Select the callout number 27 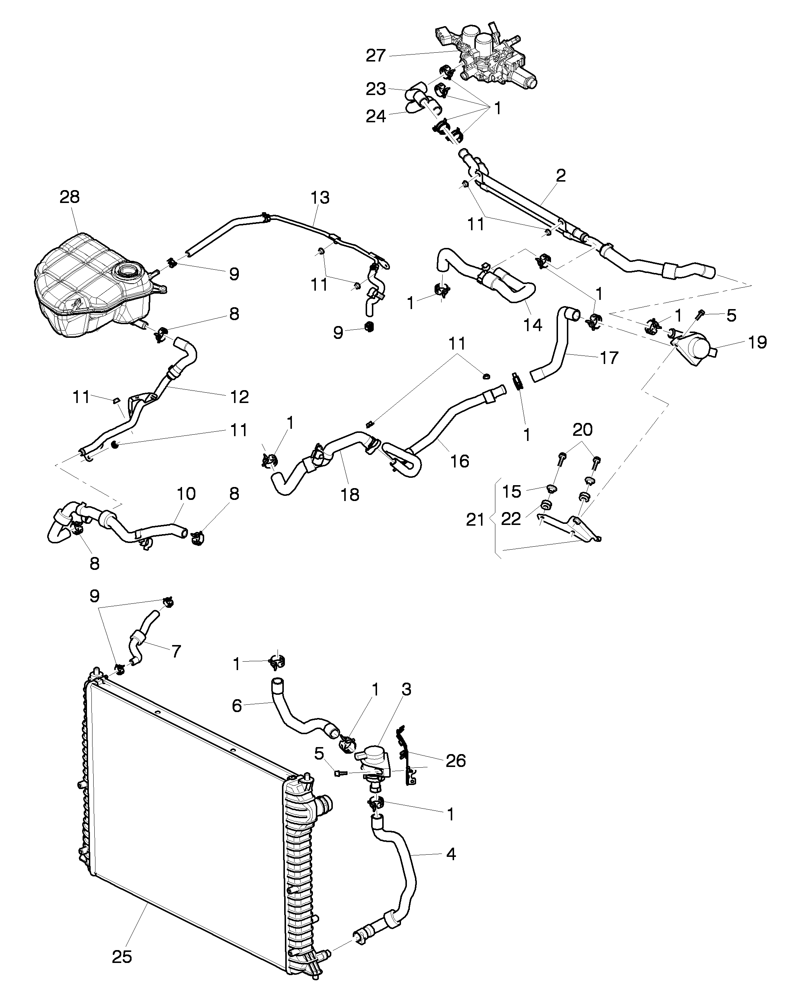tap(376, 56)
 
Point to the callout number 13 tap(320, 197)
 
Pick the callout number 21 tap(475, 520)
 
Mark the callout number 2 tap(561, 175)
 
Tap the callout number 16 tap(459, 461)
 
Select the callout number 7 tap(177, 651)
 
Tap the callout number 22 tap(511, 518)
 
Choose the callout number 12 tap(239, 396)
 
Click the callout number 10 tap(186, 494)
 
